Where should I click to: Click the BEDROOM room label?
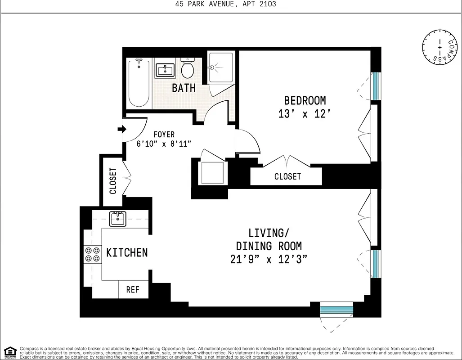[305, 100]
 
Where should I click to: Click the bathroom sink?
[165, 71]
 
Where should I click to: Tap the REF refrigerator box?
[133, 290]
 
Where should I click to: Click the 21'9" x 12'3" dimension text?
[269, 259]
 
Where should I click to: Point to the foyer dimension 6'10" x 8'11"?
[164, 144]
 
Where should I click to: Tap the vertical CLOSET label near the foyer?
[113, 181]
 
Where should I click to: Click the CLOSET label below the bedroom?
[287, 176]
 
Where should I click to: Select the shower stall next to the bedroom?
[221, 67]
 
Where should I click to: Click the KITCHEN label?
[127, 252]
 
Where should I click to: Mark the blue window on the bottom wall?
[336, 310]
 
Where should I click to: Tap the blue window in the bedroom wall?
[376, 86]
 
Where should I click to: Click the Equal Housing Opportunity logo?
[9, 352]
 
